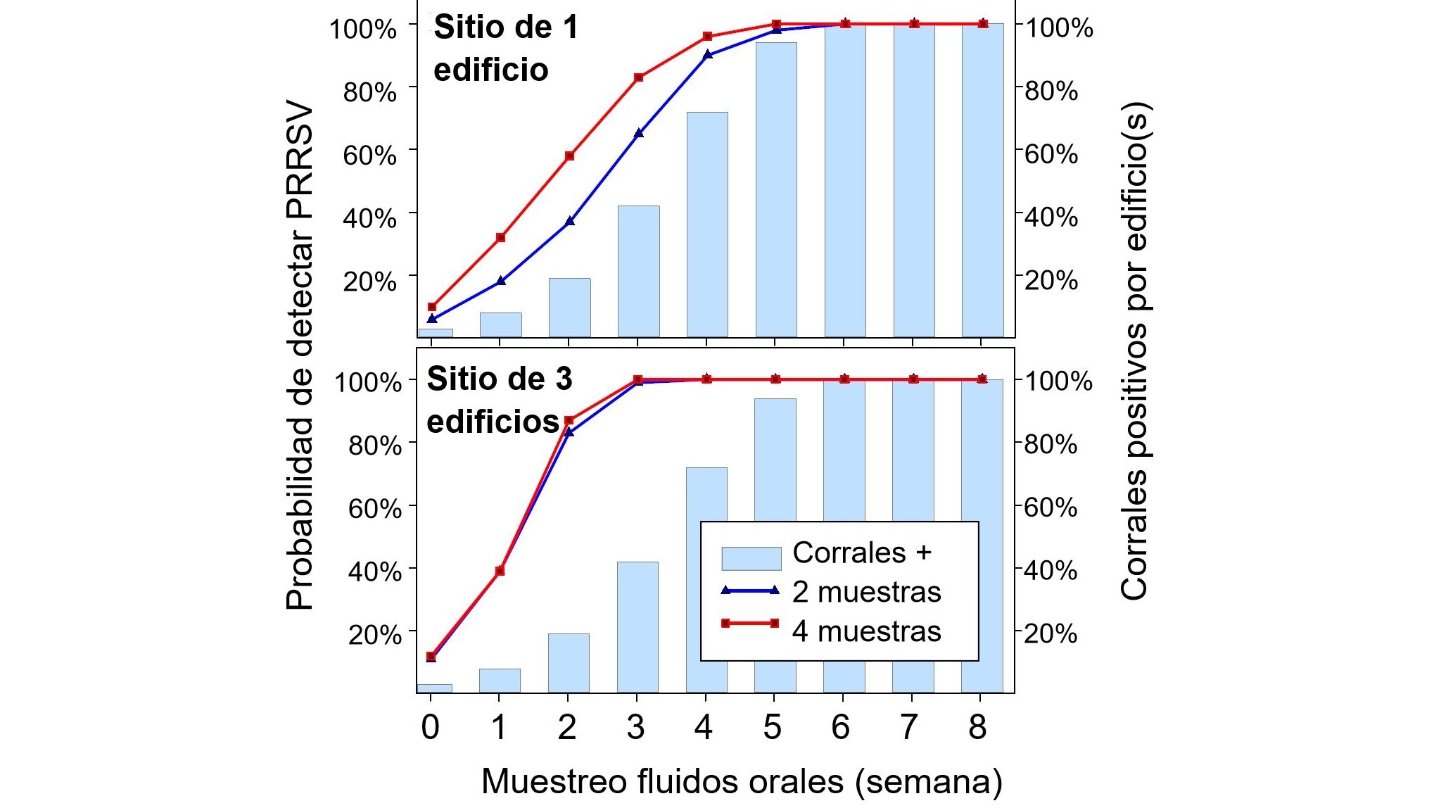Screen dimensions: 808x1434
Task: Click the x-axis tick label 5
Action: pyautogui.click(x=772, y=728)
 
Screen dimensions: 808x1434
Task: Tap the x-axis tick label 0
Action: pyautogui.click(x=430, y=728)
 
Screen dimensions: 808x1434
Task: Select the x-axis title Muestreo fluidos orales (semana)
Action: pyautogui.click(x=742, y=782)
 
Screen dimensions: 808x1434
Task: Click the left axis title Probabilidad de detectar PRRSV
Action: pyautogui.click(x=300, y=355)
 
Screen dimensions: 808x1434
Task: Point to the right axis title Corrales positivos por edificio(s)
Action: pyautogui.click(x=1134, y=352)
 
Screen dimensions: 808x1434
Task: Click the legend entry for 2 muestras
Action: pyautogui.click(x=866, y=592)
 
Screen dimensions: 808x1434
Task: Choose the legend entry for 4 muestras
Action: pyautogui.click(x=866, y=631)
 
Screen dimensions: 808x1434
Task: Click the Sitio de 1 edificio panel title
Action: pyautogui.click(x=505, y=49)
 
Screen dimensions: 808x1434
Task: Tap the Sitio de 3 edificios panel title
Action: pyautogui.click(x=499, y=400)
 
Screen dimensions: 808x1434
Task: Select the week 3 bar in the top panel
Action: pyautogui.click(x=638, y=271)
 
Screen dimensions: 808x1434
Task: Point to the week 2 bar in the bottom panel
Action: pyautogui.click(x=569, y=663)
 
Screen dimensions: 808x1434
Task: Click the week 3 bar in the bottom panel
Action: pyautogui.click(x=637, y=626)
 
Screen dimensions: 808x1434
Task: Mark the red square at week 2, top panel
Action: pyautogui.click(x=570, y=156)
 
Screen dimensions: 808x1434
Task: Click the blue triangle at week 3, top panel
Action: pyautogui.click(x=638, y=133)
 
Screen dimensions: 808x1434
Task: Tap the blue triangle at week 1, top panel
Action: pyautogui.click(x=501, y=281)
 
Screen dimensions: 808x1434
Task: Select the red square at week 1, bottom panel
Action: pyautogui.click(x=500, y=571)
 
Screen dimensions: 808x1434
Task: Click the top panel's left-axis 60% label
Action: pyautogui.click(x=369, y=156)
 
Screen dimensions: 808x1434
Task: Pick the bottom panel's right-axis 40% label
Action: pyautogui.click(x=1050, y=571)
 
